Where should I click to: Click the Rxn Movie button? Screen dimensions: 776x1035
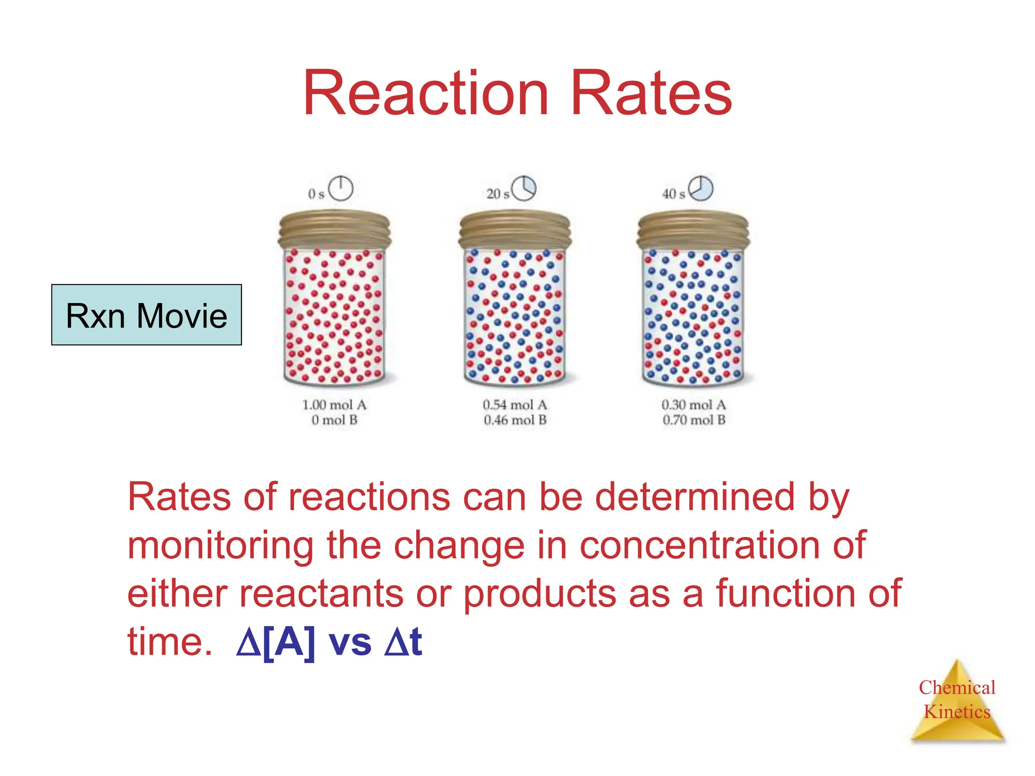tap(147, 315)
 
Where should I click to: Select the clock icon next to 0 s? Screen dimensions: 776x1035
tap(341, 188)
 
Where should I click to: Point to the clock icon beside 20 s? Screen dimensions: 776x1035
tap(524, 188)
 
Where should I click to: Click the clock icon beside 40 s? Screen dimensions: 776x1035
tap(701, 188)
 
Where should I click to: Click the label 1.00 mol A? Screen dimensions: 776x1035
tap(335, 405)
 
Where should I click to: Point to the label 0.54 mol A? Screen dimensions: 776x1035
tap(515, 405)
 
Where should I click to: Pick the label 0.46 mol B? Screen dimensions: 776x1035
tap(515, 420)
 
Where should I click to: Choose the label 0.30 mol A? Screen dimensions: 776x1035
tap(694, 405)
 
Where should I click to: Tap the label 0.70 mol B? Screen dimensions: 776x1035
tap(694, 420)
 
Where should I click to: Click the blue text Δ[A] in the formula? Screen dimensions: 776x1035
tap(276, 642)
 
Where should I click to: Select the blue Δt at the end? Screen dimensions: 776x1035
tap(403, 642)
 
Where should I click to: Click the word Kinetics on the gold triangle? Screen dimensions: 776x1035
tap(957, 712)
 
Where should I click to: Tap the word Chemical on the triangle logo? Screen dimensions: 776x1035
tap(957, 688)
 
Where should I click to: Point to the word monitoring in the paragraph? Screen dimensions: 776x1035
tap(220, 546)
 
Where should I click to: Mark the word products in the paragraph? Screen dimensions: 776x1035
tap(540, 594)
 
